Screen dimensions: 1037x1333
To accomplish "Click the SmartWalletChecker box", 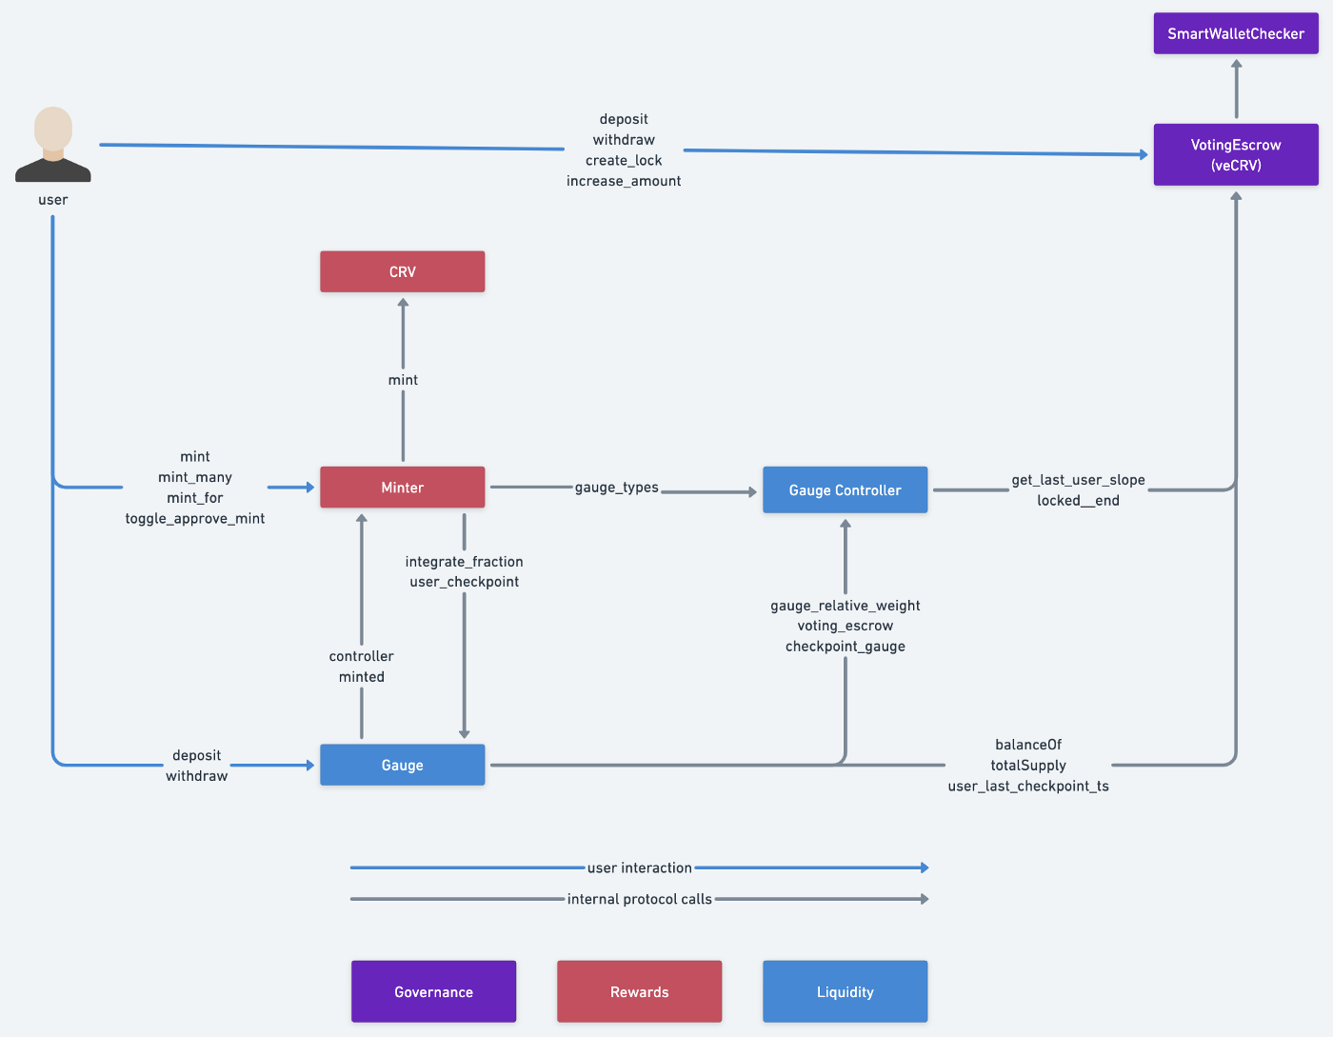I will point(1236,33).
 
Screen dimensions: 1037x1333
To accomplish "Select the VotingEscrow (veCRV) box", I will point(1236,154).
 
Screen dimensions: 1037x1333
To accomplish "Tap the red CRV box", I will point(402,271).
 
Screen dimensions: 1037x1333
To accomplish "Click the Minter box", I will point(402,488).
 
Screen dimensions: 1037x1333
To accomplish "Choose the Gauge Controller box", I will point(845,490).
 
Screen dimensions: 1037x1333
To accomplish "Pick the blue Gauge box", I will point(402,766).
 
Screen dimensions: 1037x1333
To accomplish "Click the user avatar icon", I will point(53,145).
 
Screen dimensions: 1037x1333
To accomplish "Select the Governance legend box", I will point(433,992).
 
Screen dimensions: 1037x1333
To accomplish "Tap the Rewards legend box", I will point(639,992).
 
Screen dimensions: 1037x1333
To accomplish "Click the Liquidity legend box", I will point(845,992).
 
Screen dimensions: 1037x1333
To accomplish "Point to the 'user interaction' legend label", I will point(639,867).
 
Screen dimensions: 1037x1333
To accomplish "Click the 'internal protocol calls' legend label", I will point(639,899).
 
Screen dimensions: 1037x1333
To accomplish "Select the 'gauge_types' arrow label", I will point(616,488).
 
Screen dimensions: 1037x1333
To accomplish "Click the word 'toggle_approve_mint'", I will point(195,519).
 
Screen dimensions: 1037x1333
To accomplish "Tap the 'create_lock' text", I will point(624,161).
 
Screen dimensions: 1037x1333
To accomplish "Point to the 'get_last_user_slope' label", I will point(1078,480).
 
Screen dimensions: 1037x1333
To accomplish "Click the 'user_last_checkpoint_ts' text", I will point(1028,787).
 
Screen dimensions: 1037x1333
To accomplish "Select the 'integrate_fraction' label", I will point(464,562).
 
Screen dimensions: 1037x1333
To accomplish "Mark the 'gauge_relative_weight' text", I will point(845,606).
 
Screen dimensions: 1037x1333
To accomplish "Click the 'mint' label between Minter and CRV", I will point(403,380).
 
